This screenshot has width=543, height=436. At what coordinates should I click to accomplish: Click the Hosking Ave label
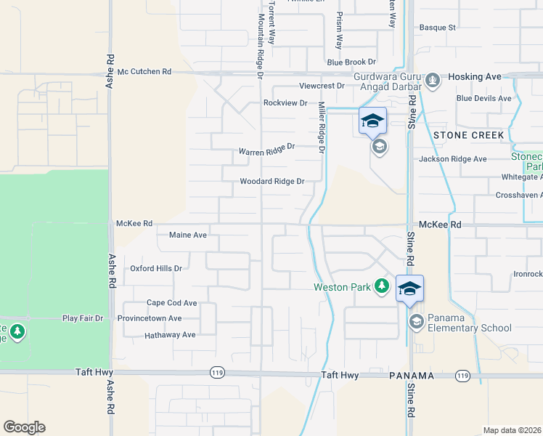click(x=475, y=76)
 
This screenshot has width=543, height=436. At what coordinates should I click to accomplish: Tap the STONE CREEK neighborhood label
click(x=468, y=135)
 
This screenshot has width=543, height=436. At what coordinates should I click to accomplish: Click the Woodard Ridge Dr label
click(x=272, y=182)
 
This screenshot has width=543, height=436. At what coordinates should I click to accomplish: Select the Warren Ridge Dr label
click(x=266, y=150)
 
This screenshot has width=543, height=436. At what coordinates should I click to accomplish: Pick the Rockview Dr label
click(x=285, y=103)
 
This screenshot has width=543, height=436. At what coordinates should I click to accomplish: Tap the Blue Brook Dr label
click(x=351, y=63)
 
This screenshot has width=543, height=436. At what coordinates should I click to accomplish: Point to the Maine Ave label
click(x=188, y=235)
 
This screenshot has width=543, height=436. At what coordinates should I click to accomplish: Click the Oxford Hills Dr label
click(x=155, y=268)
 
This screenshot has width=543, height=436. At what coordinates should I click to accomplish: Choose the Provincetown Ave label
click(x=152, y=318)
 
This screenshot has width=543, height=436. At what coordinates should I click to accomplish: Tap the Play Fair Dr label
click(x=83, y=318)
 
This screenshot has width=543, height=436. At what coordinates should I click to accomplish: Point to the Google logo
click(x=24, y=427)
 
